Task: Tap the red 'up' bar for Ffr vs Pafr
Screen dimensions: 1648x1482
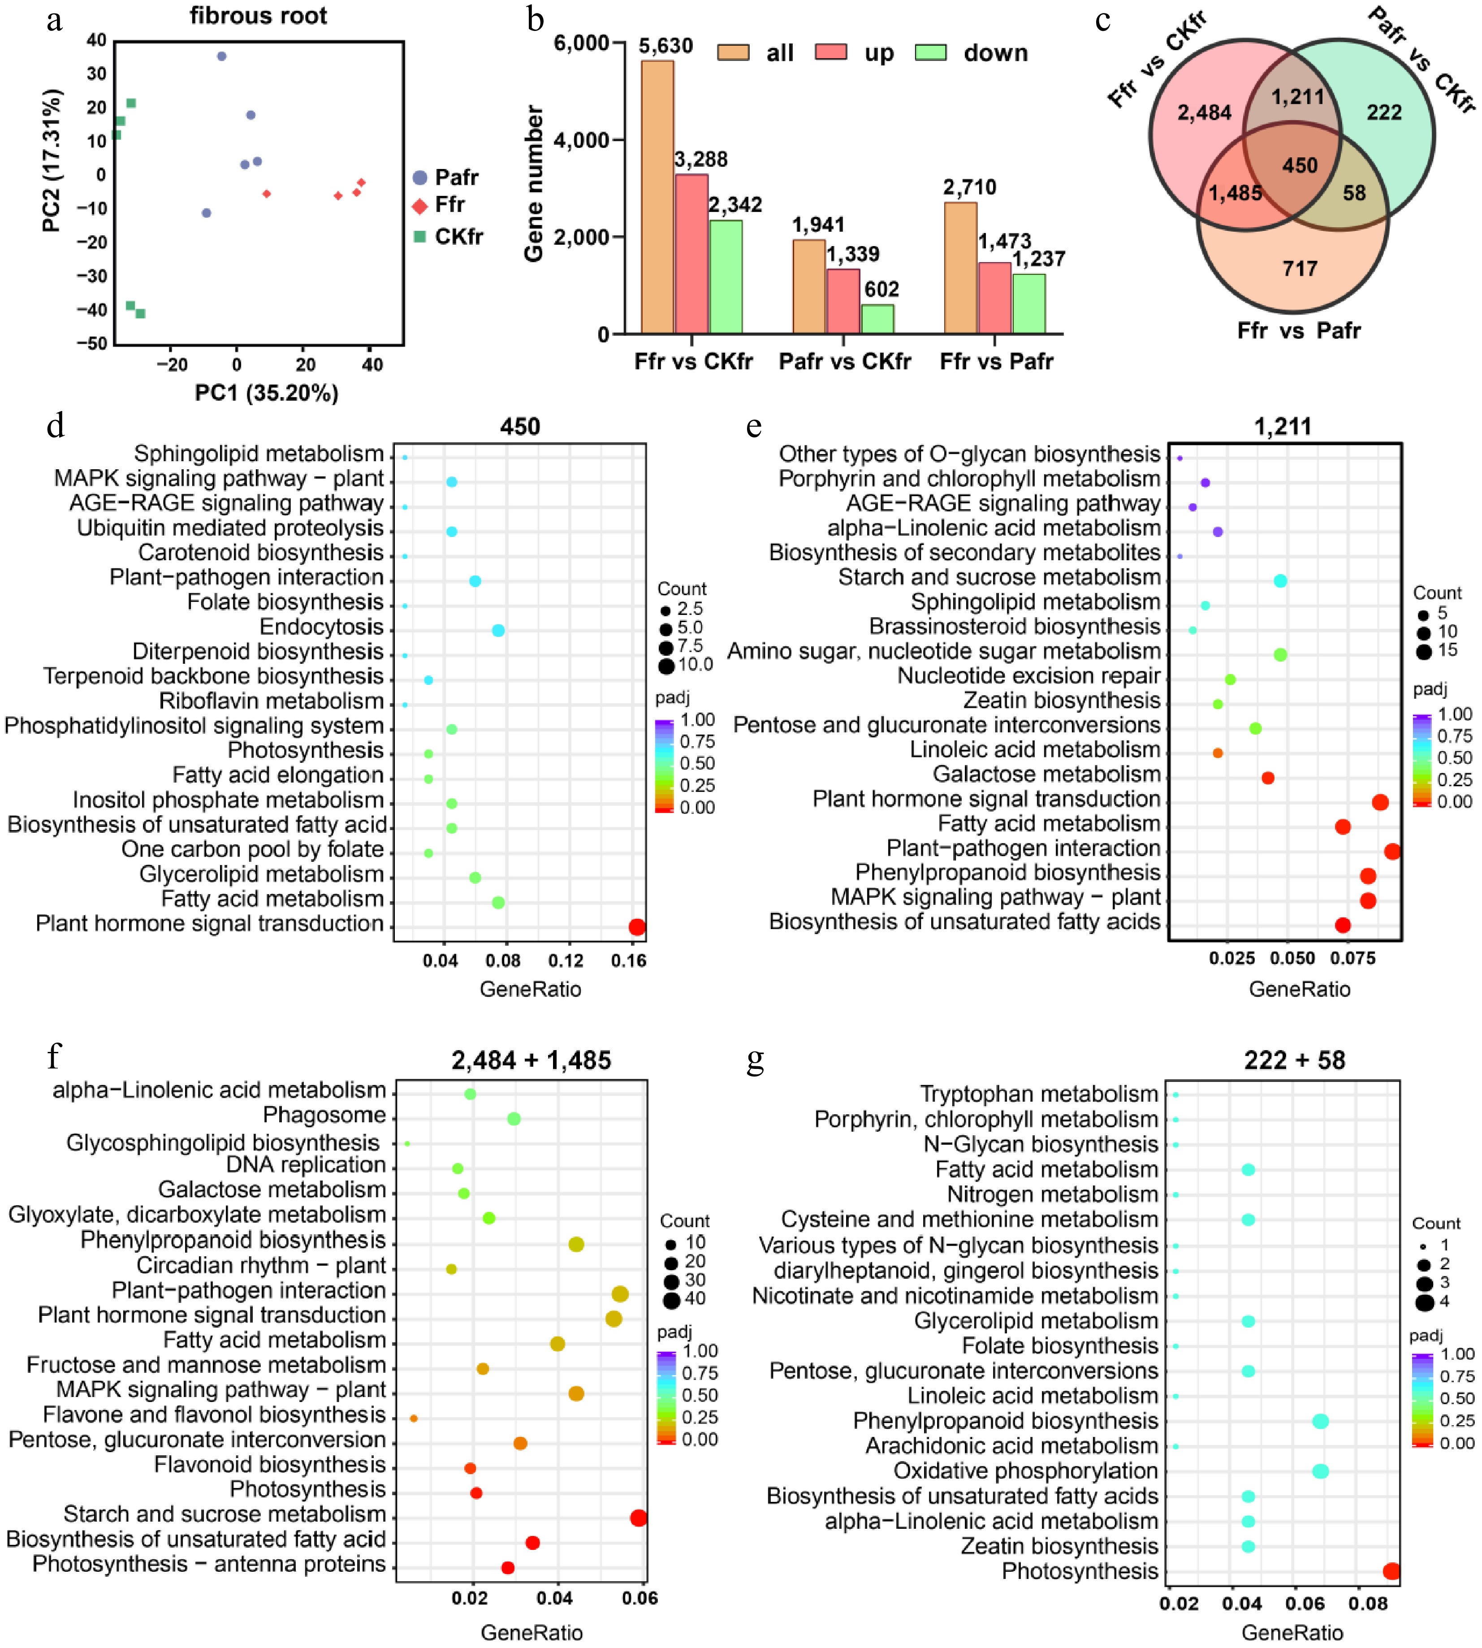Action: pyautogui.click(x=994, y=297)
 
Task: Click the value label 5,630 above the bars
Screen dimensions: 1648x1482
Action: pyautogui.click(x=665, y=46)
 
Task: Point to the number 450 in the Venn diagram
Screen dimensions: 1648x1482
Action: pyautogui.click(x=1300, y=165)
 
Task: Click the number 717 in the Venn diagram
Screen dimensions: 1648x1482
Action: pyautogui.click(x=1300, y=269)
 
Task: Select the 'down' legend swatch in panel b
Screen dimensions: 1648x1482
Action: pyautogui.click(x=931, y=53)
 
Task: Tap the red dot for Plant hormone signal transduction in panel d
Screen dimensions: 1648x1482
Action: pyautogui.click(x=637, y=926)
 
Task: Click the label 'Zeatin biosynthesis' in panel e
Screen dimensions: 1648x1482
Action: pyautogui.click(x=1062, y=700)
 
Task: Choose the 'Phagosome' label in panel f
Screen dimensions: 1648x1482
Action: pyautogui.click(x=324, y=1115)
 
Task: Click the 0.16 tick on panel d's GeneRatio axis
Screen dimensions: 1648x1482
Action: pyautogui.click(x=629, y=961)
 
